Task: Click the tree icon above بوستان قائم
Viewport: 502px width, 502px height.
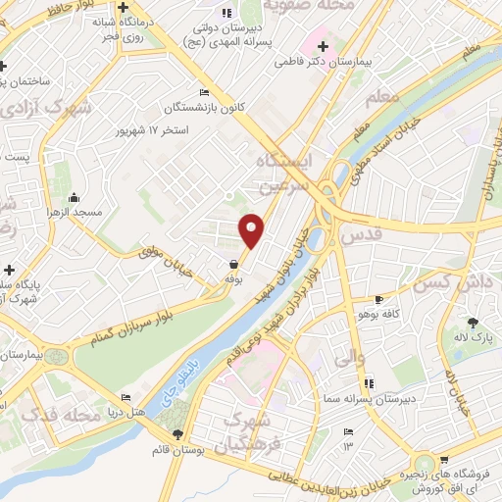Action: (x=177, y=434)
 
